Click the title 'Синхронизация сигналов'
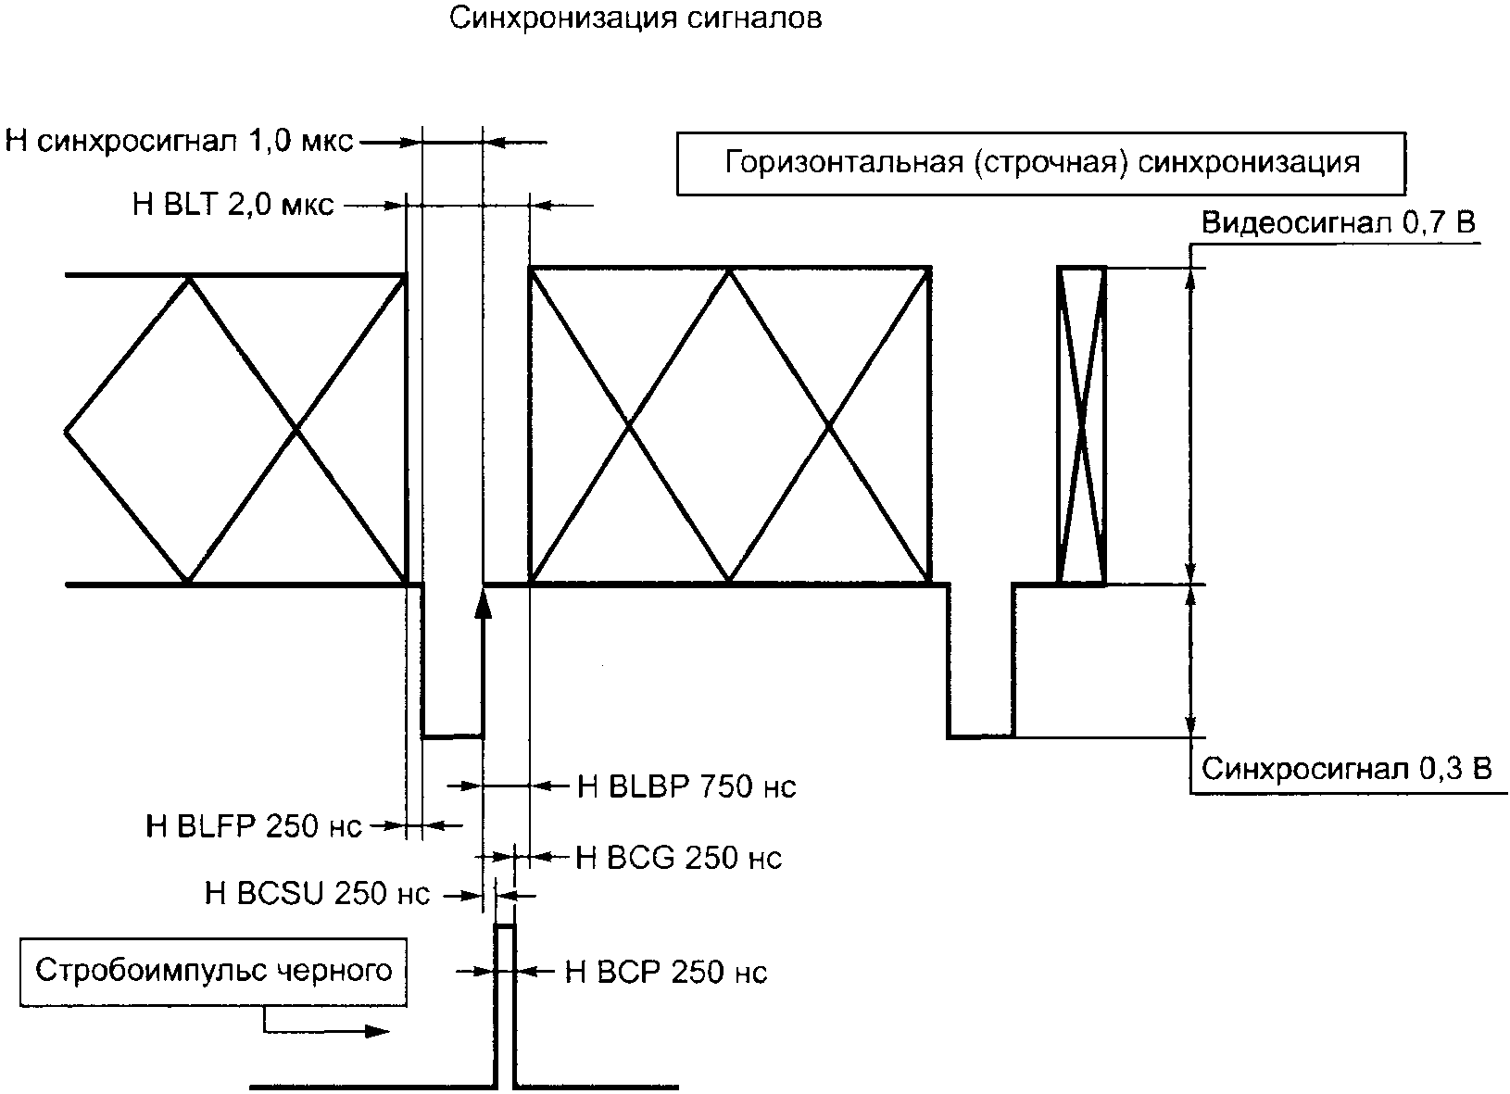pos(635,19)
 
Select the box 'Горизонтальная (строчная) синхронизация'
pos(1041,163)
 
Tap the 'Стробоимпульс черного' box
pos(214,971)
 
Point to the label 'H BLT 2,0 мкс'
pos(233,205)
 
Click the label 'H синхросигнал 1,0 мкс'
pos(179,142)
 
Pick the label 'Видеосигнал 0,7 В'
pos(1338,223)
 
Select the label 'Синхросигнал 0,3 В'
pos(1346,770)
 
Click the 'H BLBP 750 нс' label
pos(686,786)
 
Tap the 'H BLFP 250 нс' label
pos(254,824)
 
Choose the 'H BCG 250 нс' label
pos(678,858)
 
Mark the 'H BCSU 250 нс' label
pos(317,895)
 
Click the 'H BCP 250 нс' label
pos(665,972)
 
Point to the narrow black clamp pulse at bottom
pos(505,1005)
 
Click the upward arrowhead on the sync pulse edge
pos(483,603)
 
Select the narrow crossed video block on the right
pos(1081,426)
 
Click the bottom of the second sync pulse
pos(980,737)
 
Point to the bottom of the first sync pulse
pos(453,737)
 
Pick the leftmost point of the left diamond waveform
pos(67,430)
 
